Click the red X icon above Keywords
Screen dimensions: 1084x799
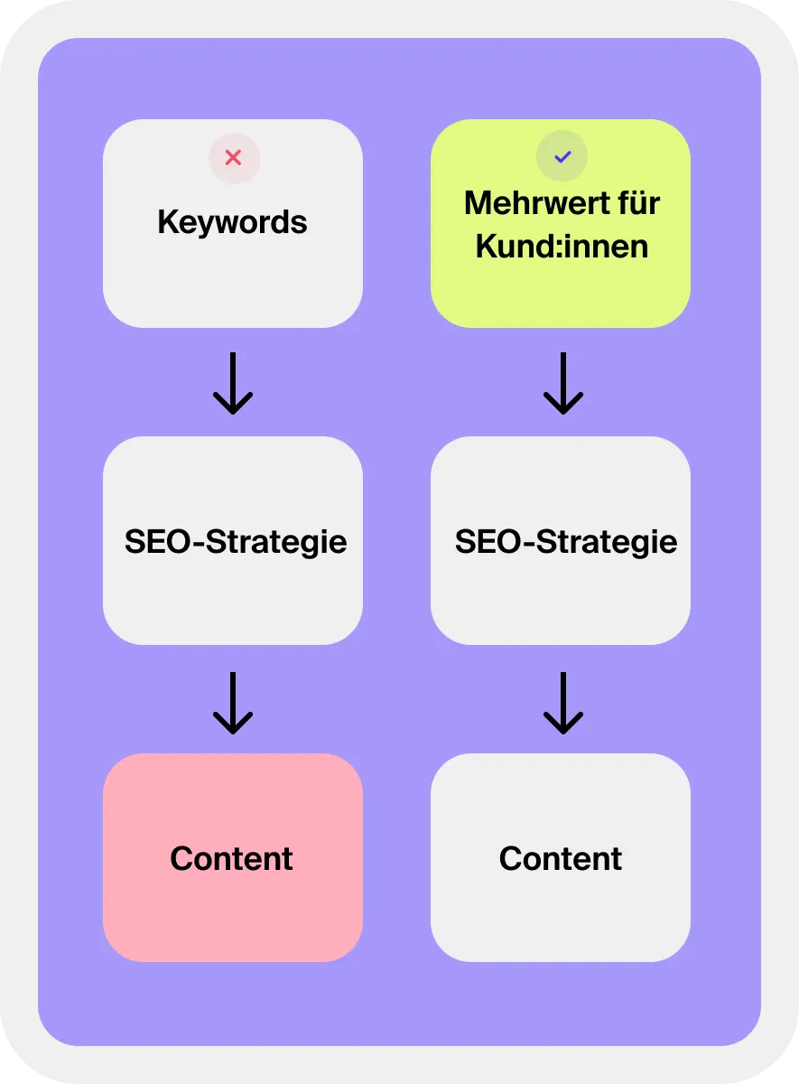click(234, 158)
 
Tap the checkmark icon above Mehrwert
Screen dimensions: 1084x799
click(562, 157)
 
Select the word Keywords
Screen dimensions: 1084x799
click(232, 222)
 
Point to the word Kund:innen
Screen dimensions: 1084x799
click(562, 247)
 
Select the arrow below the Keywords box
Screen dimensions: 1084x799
click(233, 383)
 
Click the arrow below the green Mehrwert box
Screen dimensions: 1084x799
click(563, 383)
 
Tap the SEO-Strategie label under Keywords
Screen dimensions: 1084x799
click(236, 542)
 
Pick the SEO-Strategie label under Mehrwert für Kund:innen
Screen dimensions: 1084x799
click(566, 542)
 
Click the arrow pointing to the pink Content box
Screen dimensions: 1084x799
click(233, 702)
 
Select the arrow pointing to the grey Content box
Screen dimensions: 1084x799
click(563, 702)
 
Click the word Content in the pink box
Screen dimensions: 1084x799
click(232, 858)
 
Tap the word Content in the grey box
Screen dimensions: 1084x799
click(561, 858)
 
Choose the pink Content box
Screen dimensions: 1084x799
click(232, 912)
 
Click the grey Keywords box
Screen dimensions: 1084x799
click(232, 280)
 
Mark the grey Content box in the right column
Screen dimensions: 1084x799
click(560, 912)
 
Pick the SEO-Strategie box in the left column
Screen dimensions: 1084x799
click(232, 596)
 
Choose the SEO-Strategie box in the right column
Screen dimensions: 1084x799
click(560, 596)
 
